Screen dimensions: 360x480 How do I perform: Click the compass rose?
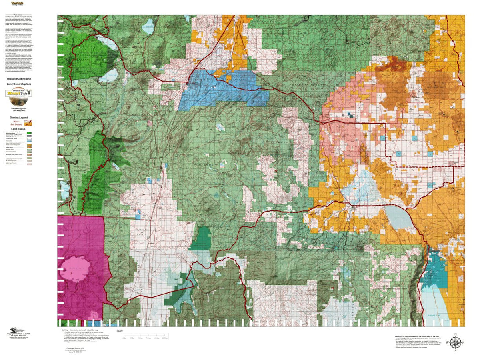coord(455,343)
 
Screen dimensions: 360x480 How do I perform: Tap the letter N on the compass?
coord(455,334)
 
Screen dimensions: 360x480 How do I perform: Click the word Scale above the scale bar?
coord(119,331)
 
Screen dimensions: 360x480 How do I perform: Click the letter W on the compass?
coord(447,343)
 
